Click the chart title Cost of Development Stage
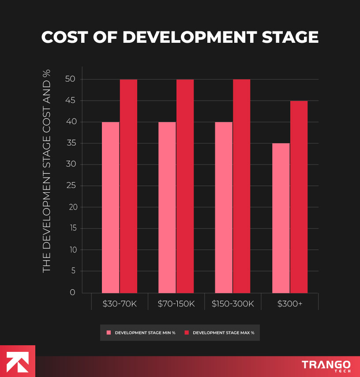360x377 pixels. click(180, 37)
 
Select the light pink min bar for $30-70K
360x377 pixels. click(110, 207)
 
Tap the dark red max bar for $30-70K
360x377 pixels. click(128, 186)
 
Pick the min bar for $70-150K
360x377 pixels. click(167, 207)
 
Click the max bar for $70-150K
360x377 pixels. click(185, 186)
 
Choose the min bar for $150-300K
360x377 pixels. click(224, 207)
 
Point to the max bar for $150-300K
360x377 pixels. click(241, 186)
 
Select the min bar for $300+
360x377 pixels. click(281, 218)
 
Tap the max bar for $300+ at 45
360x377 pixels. click(299, 197)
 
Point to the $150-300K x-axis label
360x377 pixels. click(233, 304)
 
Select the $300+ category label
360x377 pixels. click(290, 304)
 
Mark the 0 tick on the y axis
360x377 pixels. click(72, 292)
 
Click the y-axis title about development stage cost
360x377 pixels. click(47, 171)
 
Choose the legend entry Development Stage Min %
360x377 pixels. click(141, 333)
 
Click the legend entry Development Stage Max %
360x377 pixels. click(219, 333)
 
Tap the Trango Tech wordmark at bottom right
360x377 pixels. click(326, 366)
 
